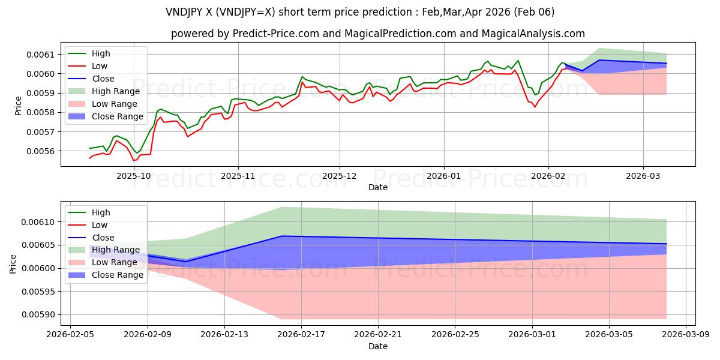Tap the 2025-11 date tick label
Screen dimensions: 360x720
(x=238, y=176)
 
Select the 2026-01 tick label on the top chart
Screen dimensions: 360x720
(x=444, y=176)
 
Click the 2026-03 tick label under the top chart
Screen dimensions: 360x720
(x=643, y=176)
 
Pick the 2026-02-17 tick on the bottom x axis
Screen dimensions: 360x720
(x=301, y=335)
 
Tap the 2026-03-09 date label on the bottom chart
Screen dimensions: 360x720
(x=686, y=335)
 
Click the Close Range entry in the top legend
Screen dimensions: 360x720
(x=118, y=116)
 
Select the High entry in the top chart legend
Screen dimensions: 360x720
(x=101, y=53)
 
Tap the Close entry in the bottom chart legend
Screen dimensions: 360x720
(x=103, y=238)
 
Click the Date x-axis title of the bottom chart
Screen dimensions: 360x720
(x=378, y=346)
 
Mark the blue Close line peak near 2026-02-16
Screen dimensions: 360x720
(x=282, y=236)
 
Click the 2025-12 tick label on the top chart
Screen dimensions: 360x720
(x=340, y=176)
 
